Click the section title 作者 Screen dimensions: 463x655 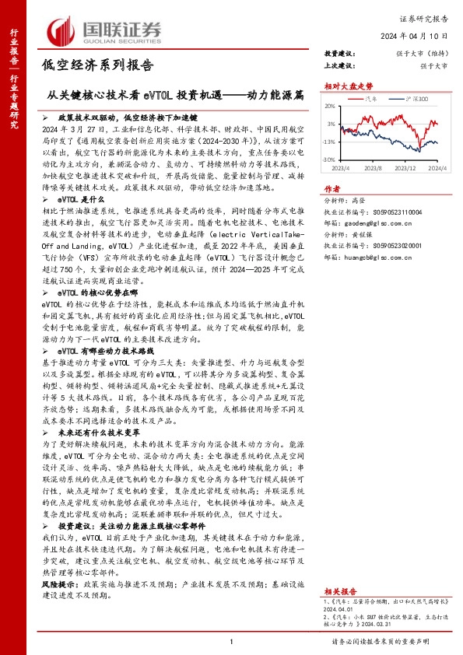[332, 188]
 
